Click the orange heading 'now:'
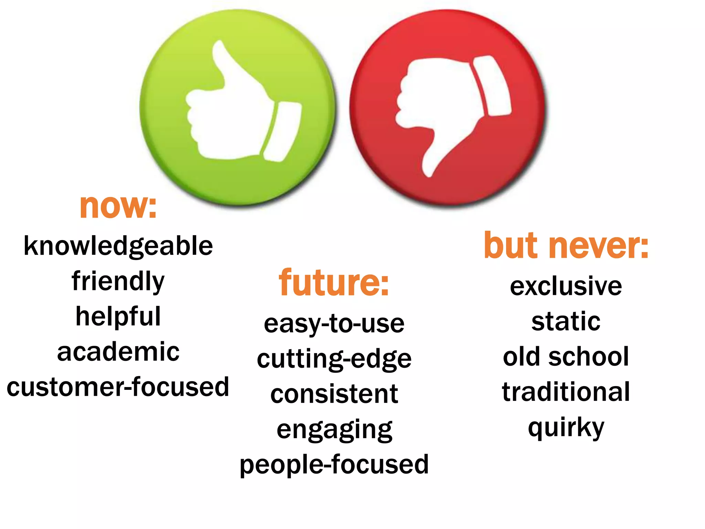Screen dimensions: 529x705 (x=118, y=207)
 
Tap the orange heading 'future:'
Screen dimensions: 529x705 (x=334, y=283)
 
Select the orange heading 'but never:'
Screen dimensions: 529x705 (x=566, y=246)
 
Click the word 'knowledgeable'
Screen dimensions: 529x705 (x=118, y=246)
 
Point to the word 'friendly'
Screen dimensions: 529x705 (x=118, y=281)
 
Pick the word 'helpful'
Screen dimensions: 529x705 (x=118, y=317)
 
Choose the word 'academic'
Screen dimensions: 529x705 (x=118, y=352)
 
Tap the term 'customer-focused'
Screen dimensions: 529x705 (x=118, y=387)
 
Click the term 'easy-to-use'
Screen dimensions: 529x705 (x=334, y=324)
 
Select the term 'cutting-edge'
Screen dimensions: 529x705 (x=334, y=359)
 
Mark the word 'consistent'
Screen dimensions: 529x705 (x=334, y=394)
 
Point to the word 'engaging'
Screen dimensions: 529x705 (x=334, y=430)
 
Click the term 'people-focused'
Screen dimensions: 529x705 (x=334, y=465)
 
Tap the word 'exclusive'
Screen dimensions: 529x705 (x=566, y=286)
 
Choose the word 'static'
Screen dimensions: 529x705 (x=566, y=322)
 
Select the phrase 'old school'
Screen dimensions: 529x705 (x=566, y=357)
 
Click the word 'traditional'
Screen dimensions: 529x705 (x=566, y=392)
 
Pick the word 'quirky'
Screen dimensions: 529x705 (x=566, y=428)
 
